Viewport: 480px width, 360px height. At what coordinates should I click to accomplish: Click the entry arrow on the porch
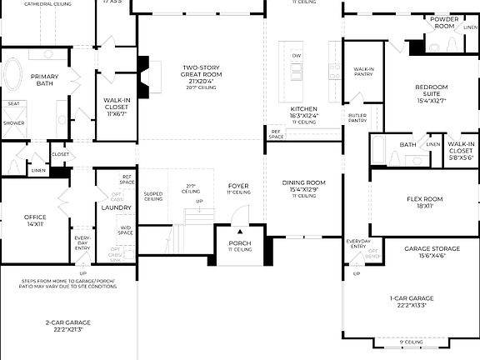(x=239, y=232)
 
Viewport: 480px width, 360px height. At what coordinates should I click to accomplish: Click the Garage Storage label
(x=425, y=249)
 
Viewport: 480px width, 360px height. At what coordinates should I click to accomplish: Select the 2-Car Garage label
(x=67, y=322)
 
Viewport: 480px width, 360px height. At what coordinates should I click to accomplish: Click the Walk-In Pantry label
(x=364, y=72)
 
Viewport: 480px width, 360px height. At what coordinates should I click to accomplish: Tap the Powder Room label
(x=443, y=22)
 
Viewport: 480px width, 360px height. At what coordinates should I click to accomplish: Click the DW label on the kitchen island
(x=296, y=55)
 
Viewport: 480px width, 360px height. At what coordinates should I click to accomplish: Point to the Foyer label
(x=238, y=186)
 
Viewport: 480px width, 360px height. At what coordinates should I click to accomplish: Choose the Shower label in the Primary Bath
(x=13, y=122)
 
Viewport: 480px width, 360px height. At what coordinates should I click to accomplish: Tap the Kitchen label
(x=303, y=109)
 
